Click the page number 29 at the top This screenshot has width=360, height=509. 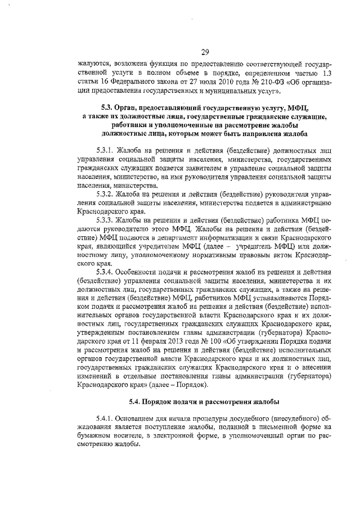(205, 52)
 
